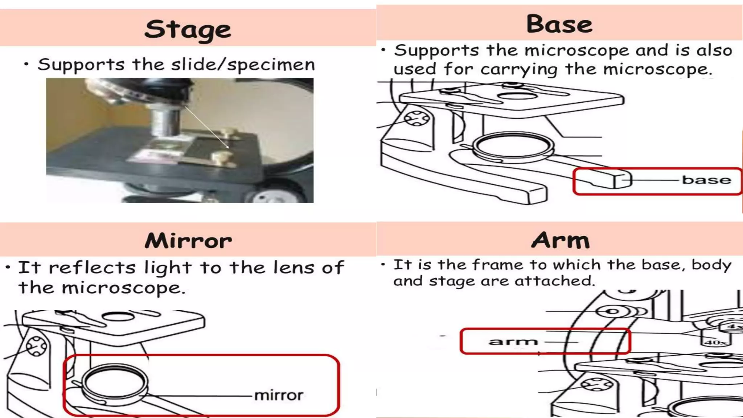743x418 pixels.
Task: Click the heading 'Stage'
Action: (x=188, y=29)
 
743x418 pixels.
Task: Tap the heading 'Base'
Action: (x=559, y=24)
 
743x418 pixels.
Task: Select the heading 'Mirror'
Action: (x=188, y=241)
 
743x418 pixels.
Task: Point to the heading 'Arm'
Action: (x=561, y=240)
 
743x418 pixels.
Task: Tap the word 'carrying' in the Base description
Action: (x=518, y=69)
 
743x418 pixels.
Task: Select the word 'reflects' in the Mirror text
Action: (x=92, y=268)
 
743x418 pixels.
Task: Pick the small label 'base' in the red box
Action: (x=706, y=180)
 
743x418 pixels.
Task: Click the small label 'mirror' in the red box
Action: (x=279, y=395)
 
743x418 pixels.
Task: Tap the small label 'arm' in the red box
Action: (x=513, y=341)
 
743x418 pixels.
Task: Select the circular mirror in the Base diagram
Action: (x=513, y=146)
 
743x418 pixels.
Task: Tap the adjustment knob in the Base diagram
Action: (x=417, y=118)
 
